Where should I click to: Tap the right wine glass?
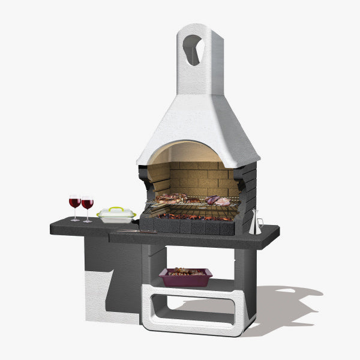pyautogui.click(x=88, y=204)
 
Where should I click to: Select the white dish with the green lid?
pyautogui.click(x=116, y=215)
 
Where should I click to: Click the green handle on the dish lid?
pyautogui.click(x=116, y=208)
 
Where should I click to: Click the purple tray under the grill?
pyautogui.click(x=185, y=279)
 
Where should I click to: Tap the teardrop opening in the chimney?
pyautogui.click(x=193, y=49)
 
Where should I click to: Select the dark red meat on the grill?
pyautogui.click(x=213, y=200)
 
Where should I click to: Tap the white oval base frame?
pyautogui.click(x=198, y=327)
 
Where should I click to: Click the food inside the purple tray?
pyautogui.click(x=185, y=272)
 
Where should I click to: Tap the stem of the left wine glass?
pyautogui.click(x=75, y=214)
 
